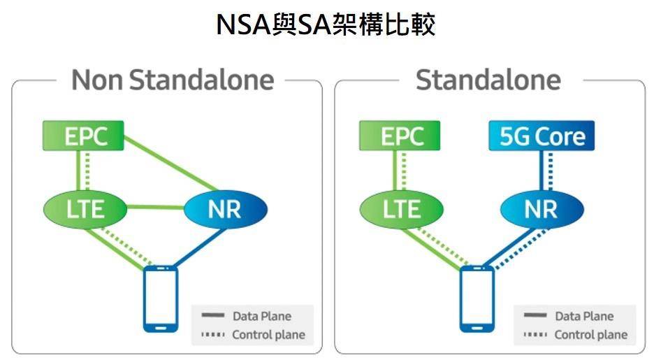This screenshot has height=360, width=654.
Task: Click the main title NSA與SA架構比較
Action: (x=326, y=24)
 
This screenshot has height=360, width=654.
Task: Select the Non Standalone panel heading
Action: (x=172, y=80)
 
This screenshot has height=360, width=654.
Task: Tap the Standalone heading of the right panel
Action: (x=488, y=80)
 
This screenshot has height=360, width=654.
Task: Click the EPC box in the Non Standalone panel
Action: (x=83, y=136)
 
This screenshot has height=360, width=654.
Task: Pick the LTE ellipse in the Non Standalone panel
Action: (x=85, y=208)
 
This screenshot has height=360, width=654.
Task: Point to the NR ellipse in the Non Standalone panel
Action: (x=225, y=208)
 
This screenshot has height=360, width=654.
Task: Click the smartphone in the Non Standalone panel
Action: (x=160, y=298)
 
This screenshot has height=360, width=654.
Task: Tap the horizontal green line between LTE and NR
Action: (x=155, y=207)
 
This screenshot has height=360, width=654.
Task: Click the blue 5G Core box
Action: (x=542, y=136)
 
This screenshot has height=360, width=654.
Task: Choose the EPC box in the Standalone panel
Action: (x=400, y=136)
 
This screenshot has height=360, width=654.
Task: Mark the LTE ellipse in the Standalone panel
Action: (x=401, y=208)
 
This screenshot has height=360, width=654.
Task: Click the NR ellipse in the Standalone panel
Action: (x=542, y=208)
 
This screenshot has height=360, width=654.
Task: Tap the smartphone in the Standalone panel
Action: (x=477, y=298)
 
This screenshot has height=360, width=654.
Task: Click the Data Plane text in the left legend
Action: (x=261, y=317)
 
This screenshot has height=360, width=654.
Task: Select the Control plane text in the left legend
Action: (x=268, y=335)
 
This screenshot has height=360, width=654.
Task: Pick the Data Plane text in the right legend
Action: (x=584, y=317)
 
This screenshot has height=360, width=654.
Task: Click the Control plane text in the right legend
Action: (x=591, y=335)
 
